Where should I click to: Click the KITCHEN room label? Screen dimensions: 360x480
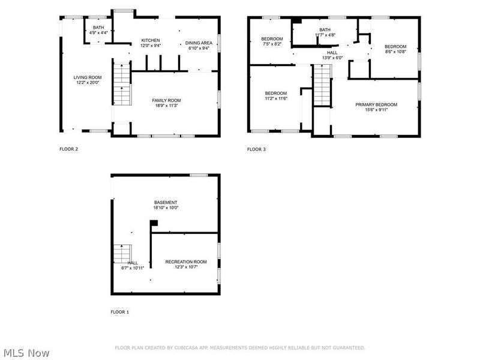pos(150,40)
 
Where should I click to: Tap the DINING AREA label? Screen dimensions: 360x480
pos(198,43)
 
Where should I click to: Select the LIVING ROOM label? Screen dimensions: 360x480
pos(88,77)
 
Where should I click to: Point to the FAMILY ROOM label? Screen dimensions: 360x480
pos(166,100)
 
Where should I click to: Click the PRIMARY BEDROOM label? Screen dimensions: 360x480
pos(376,104)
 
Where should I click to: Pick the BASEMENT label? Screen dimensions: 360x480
pos(166,202)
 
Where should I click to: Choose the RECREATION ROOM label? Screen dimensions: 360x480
pos(186,262)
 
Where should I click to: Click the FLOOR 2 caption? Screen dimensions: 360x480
pos(68,149)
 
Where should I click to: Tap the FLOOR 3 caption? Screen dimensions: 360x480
pos(256,149)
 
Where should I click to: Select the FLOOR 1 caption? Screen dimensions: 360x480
pos(119,312)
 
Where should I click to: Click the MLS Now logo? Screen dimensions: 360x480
pos(26,353)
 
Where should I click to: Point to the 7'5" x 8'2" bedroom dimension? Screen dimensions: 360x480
pos(272,44)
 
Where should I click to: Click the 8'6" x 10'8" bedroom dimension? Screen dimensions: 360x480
pos(395,52)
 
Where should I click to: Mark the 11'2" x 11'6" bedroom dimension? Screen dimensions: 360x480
pos(276,98)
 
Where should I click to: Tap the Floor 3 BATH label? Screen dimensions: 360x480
pos(325,30)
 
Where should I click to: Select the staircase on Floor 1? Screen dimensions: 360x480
pos(122,253)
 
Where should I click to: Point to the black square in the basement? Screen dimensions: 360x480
pos(154,223)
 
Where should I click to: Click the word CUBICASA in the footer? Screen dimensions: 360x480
pos(187,347)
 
